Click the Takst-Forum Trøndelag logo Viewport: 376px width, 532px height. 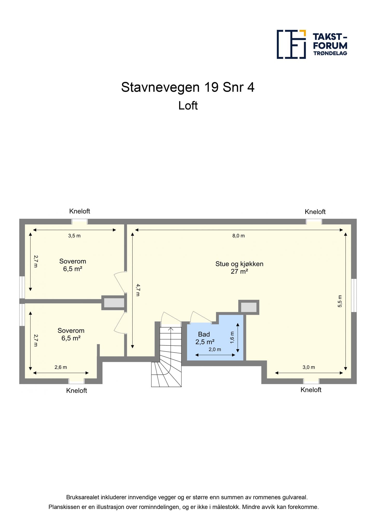312,44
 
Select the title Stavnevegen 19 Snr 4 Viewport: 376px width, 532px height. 188,87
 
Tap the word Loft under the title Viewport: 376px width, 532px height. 188,106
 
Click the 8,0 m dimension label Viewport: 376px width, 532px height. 239,236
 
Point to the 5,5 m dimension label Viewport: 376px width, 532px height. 340,301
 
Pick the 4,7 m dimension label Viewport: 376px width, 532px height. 138,290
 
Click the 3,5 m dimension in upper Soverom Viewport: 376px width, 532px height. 75,236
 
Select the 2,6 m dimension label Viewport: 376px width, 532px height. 61,367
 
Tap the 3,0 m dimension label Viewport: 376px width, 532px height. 309,367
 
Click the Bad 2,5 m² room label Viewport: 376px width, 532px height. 205,338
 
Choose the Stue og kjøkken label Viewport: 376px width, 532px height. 239,264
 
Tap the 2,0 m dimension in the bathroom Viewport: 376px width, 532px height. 215,350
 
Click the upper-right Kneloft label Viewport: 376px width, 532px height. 315,212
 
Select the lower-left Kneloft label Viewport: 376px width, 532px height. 77,391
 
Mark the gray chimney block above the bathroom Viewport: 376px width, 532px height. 249,308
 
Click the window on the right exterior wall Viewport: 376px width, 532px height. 354,295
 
